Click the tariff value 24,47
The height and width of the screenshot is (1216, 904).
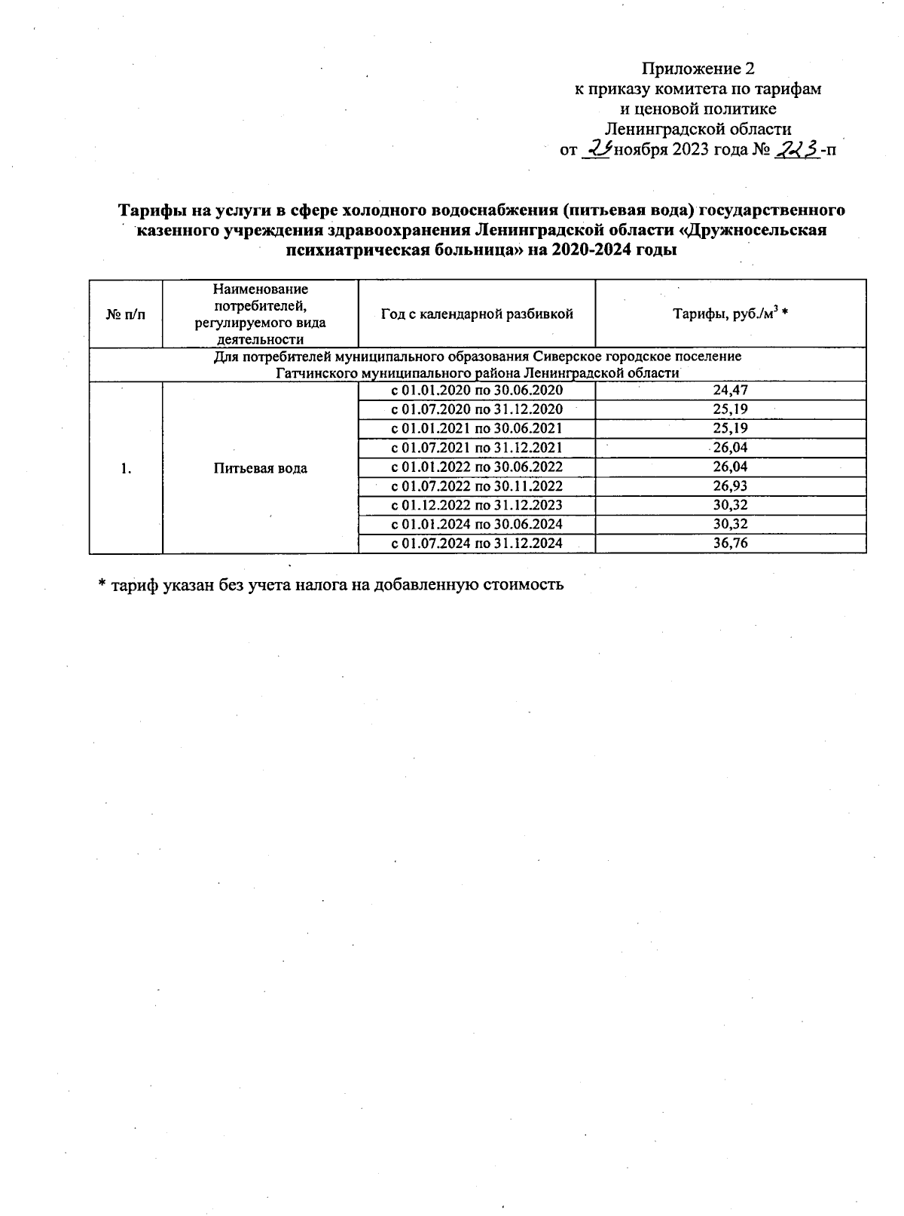point(729,391)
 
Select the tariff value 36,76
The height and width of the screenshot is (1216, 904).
point(729,544)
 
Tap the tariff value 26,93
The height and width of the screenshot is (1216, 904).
point(729,486)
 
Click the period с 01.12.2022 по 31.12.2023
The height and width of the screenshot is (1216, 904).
point(477,505)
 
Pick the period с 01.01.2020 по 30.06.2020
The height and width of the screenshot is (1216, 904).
point(477,391)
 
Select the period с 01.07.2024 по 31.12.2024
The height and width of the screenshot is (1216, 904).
point(477,544)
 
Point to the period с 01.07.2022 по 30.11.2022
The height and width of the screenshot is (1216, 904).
point(477,486)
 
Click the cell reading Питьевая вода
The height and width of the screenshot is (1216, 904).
point(260,468)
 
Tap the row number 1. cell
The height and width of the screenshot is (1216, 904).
point(126,468)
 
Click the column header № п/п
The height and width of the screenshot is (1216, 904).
point(126,314)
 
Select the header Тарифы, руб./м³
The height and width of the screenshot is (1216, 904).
point(729,314)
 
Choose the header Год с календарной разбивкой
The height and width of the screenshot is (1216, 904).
point(477,314)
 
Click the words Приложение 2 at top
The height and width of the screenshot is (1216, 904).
point(697,69)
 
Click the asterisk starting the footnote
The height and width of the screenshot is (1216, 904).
point(102,585)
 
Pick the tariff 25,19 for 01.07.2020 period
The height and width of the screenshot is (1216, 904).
point(729,409)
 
